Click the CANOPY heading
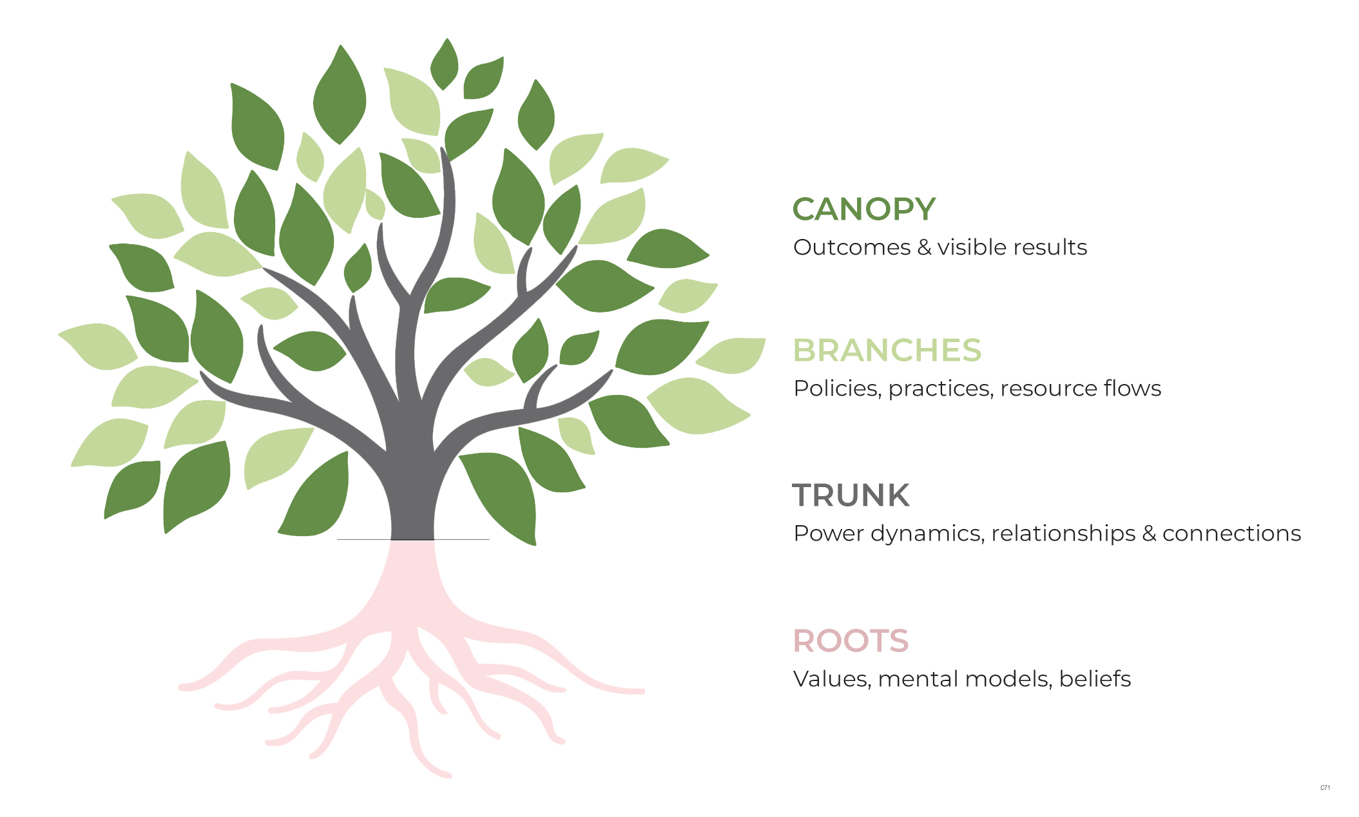[863, 209]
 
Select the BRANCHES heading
[887, 351]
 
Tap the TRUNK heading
[851, 495]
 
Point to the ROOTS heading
[851, 641]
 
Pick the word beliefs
[1095, 679]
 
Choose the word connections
[1231, 533]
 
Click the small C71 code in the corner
[1325, 787]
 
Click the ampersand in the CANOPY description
[924, 247]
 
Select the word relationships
[1063, 533]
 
